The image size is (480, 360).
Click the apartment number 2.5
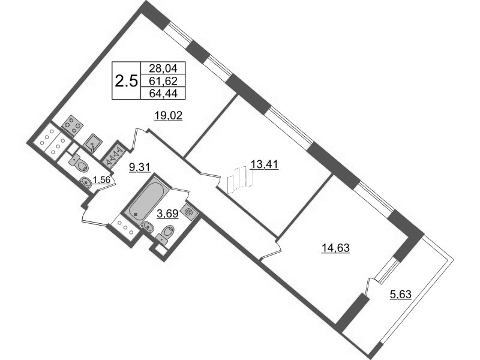click(x=126, y=81)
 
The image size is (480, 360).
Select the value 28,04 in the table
click(x=163, y=68)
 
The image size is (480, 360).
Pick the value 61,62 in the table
click(x=163, y=81)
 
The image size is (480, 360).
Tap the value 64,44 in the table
click(x=163, y=93)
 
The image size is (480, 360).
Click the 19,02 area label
click(x=169, y=116)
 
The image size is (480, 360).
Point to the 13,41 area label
click(x=264, y=164)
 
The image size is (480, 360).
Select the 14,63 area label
click(x=335, y=248)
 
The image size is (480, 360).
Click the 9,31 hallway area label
click(x=139, y=167)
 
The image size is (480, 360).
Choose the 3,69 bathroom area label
click(x=167, y=214)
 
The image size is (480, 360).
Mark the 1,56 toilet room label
click(x=101, y=180)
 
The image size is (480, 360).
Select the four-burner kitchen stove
click(x=73, y=125)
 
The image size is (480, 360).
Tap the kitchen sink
click(x=94, y=143)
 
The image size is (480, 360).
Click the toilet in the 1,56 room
click(x=79, y=163)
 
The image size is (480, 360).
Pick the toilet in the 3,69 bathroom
click(x=166, y=234)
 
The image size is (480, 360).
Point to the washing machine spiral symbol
click(x=188, y=212)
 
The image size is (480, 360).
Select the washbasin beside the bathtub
click(x=148, y=227)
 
